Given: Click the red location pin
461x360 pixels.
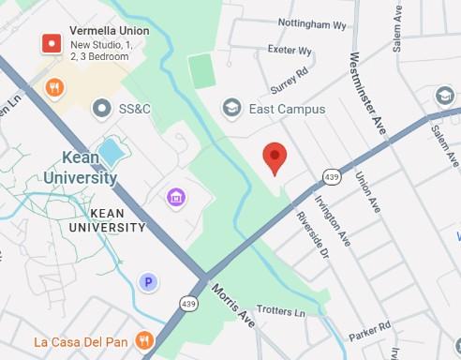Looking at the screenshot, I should tap(274, 157).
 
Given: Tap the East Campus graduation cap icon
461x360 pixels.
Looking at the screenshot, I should tap(230, 109).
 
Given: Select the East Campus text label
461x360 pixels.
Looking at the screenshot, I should tap(287, 110).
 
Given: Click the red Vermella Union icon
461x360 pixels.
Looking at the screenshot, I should tap(52, 43).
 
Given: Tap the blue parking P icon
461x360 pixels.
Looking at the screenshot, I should tap(146, 281).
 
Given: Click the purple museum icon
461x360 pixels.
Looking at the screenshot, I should tap(174, 197).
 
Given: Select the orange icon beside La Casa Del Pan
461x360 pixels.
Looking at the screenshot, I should tap(143, 340).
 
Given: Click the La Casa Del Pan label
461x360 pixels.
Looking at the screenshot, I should tap(81, 341).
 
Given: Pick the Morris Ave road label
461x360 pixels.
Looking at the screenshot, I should tap(232, 306).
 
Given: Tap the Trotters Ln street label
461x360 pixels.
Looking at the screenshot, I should tap(281, 311).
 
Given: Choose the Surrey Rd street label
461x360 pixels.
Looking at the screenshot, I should tap(289, 80).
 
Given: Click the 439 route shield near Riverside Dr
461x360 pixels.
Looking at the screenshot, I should tap(332, 176).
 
